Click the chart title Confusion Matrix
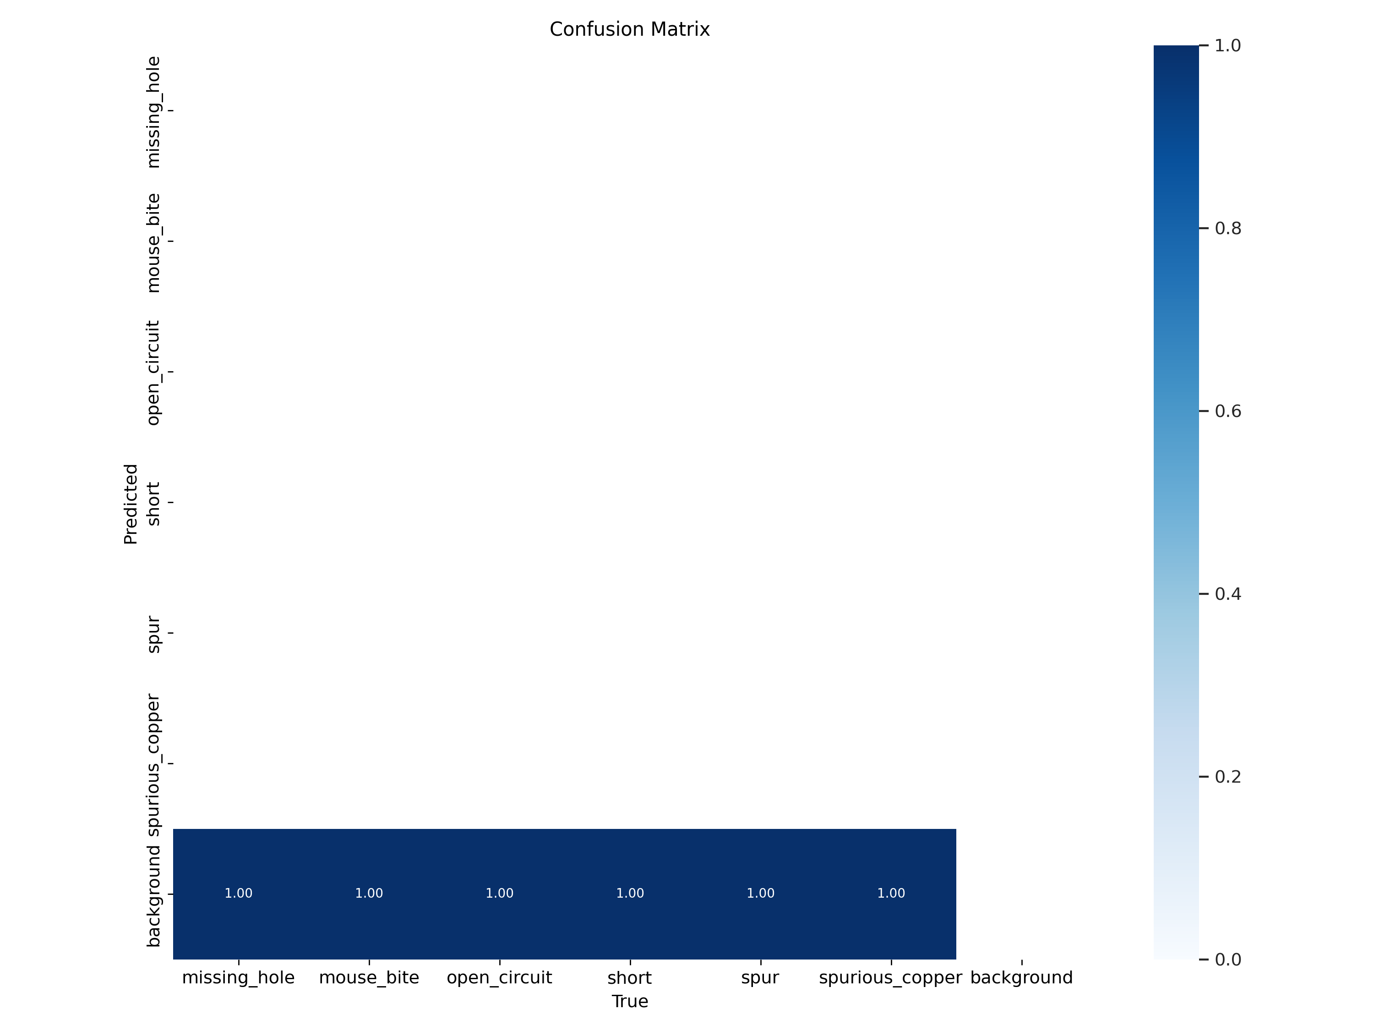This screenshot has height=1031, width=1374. [629, 29]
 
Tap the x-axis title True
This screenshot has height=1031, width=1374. [630, 1001]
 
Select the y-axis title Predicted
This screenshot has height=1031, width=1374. [131, 504]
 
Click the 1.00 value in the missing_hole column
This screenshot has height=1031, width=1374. [239, 893]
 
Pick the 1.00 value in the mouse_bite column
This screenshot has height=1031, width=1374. [369, 893]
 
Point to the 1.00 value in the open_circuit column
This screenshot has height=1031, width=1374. [499, 893]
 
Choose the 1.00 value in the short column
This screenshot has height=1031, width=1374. [630, 893]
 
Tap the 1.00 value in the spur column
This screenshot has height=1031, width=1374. [760, 893]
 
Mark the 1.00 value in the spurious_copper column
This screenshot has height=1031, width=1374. [891, 893]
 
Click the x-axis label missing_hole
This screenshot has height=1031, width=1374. [239, 978]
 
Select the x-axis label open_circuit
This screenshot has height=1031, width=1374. [499, 978]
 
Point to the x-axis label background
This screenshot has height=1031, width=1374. [1021, 978]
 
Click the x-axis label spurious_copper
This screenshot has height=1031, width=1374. [891, 978]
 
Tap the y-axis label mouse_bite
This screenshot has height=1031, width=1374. [153, 242]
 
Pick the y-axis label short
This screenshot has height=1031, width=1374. [153, 504]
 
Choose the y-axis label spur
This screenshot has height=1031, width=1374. [153, 635]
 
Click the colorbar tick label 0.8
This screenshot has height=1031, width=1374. [1227, 229]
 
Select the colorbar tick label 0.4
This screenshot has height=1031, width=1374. [1227, 594]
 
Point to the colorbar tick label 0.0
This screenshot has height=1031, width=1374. [1227, 960]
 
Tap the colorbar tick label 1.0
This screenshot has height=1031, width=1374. [1227, 45]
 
